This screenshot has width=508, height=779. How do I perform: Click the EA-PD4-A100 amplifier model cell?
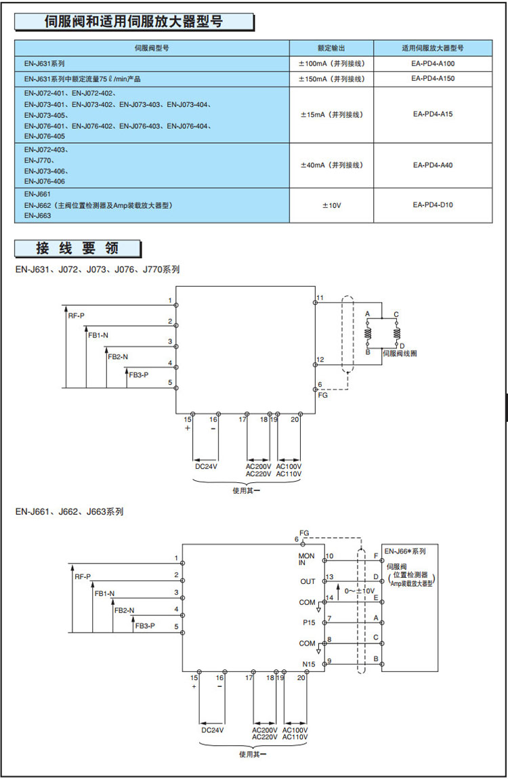pyautogui.click(x=433, y=64)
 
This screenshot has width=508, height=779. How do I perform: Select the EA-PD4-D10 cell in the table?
pyautogui.click(x=433, y=205)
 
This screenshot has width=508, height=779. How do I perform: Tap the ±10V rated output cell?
pyautogui.click(x=332, y=205)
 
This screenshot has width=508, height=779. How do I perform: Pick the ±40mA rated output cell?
pyautogui.click(x=332, y=165)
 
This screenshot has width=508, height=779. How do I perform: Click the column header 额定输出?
pyautogui.click(x=332, y=48)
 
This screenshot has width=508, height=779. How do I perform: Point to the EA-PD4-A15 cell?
pyautogui.click(x=433, y=114)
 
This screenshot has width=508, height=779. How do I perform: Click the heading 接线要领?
pyautogui.click(x=77, y=249)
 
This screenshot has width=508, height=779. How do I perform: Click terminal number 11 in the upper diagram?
pyautogui.click(x=320, y=298)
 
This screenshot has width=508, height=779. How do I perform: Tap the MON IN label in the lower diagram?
pyautogui.click(x=307, y=559)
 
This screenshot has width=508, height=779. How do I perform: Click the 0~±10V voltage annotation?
pyautogui.click(x=359, y=591)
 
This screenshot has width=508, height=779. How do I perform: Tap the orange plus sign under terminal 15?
pyautogui.click(x=188, y=428)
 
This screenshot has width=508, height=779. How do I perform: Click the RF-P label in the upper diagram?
pyautogui.click(x=77, y=316)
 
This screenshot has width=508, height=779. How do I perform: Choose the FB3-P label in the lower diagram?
pyautogui.click(x=145, y=625)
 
